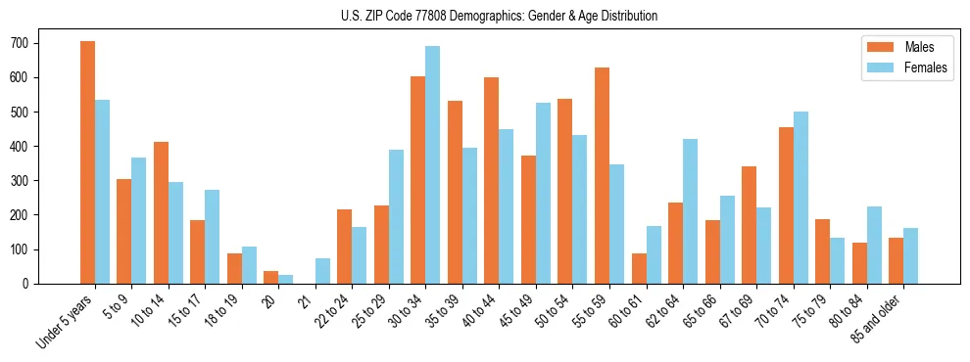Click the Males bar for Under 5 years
coord(87,162)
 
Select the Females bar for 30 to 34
coord(433,164)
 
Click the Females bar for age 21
coord(322,271)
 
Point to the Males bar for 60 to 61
coord(639,268)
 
